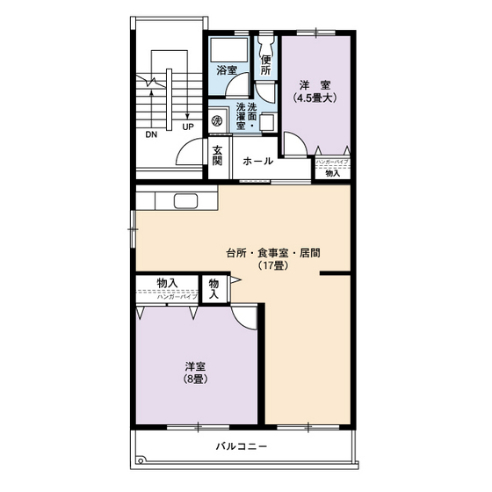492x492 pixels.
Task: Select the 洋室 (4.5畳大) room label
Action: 314,91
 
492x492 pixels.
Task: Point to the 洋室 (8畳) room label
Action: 195,373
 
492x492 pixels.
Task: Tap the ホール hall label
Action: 257,162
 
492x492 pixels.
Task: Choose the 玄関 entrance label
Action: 217,155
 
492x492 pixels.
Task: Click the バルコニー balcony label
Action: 242,446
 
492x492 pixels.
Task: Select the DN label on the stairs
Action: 152,135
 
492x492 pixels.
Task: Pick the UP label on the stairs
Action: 187,127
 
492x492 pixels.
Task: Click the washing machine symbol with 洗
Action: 216,118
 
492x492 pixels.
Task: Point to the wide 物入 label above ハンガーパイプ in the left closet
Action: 167,282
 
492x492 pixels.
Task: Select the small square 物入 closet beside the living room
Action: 214,288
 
